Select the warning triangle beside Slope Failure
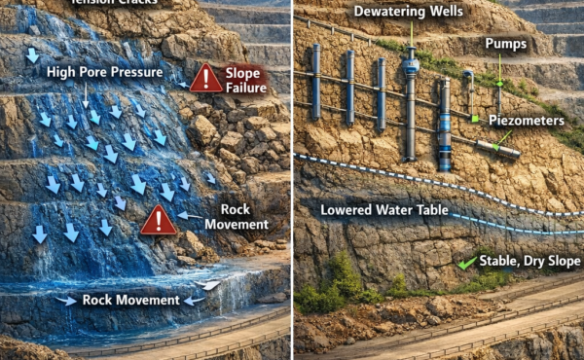205,79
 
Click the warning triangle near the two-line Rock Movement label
159,221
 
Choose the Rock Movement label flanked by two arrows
129,300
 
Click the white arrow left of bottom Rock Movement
66,301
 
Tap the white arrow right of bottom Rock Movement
194,301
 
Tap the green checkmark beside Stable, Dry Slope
468,262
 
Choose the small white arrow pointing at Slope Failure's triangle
182,85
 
